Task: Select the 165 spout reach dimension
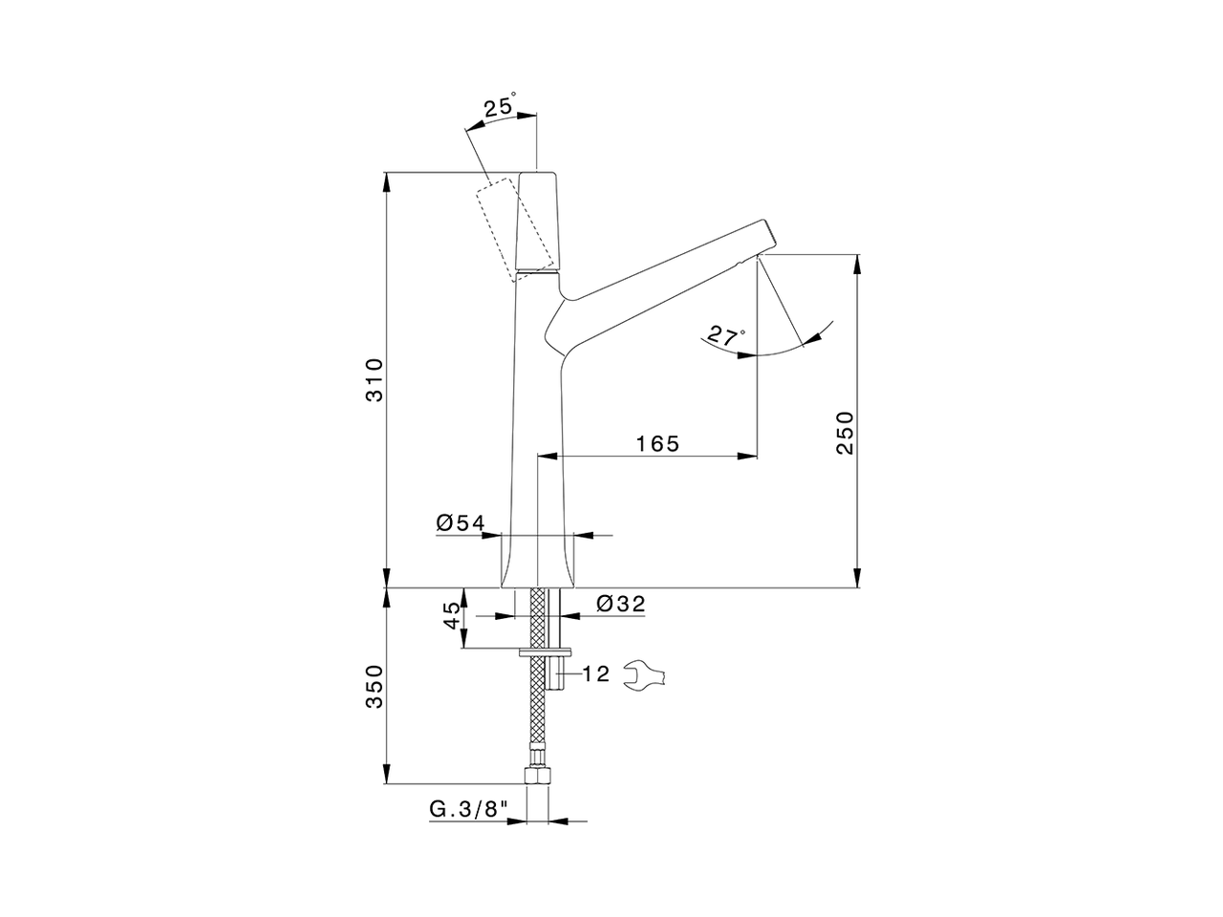(x=657, y=443)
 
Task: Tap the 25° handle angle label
(x=499, y=106)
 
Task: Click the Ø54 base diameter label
(x=461, y=522)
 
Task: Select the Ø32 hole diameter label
(x=621, y=604)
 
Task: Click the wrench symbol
(x=645, y=675)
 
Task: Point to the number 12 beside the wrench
(x=595, y=674)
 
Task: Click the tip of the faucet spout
(x=766, y=238)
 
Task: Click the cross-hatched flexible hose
(x=539, y=707)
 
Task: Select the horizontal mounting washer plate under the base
(x=544, y=652)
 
